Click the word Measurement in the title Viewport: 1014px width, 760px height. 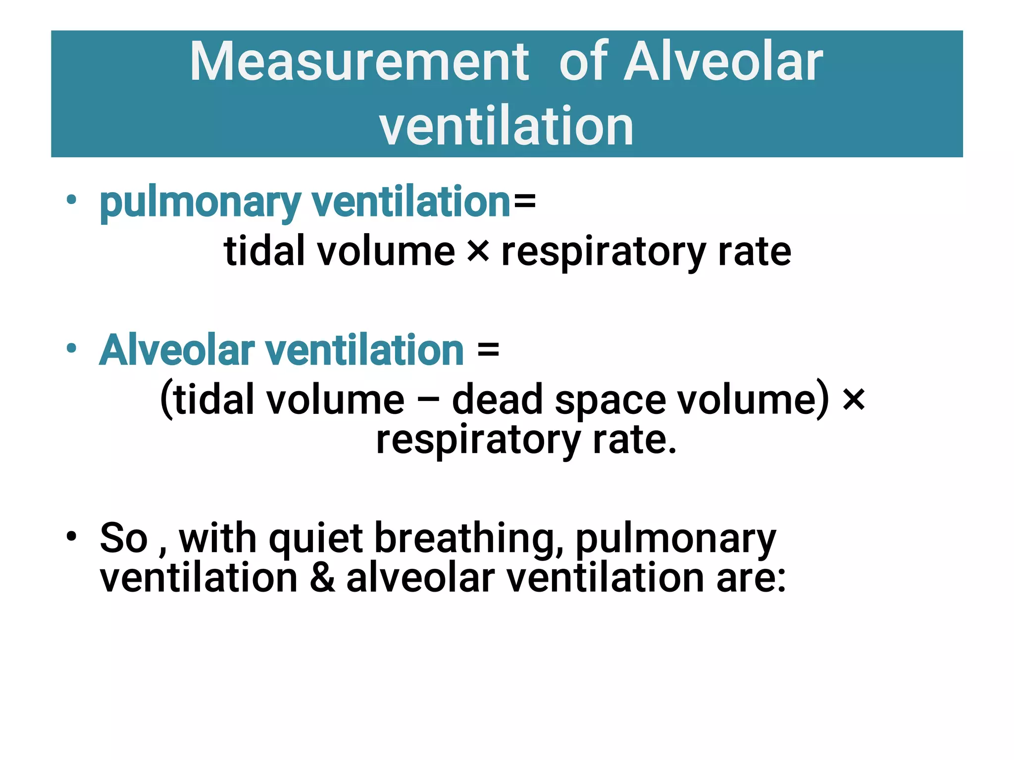coord(359,62)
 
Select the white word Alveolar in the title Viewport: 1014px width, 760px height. coord(723,62)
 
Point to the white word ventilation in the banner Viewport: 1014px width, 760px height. coord(506,126)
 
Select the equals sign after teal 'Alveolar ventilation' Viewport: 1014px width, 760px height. coord(488,350)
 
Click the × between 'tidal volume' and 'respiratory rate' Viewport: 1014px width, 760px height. coord(478,251)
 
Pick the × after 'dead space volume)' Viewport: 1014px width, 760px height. coord(854,399)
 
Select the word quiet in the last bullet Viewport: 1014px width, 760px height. coord(316,539)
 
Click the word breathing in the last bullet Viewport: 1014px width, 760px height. coord(468,540)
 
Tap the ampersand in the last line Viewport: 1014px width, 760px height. coord(322,578)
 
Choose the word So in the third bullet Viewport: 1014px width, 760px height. coord(124,539)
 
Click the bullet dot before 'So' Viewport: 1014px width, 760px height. coord(72,536)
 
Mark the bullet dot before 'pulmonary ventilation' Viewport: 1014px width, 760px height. coord(72,200)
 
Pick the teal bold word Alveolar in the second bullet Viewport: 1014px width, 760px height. coord(177,350)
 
